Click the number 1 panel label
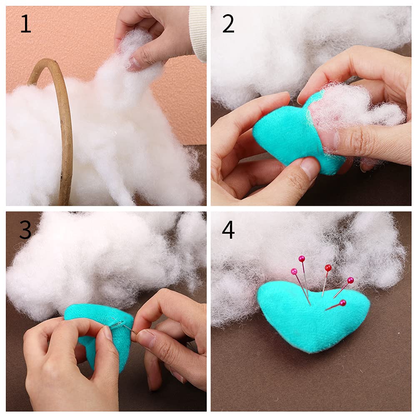[25, 25]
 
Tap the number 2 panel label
[228, 25]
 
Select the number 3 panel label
[25, 230]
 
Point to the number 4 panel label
[228, 230]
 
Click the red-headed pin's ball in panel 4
[328, 267]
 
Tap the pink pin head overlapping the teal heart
[342, 303]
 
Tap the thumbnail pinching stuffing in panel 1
[135, 63]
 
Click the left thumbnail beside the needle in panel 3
[107, 333]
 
